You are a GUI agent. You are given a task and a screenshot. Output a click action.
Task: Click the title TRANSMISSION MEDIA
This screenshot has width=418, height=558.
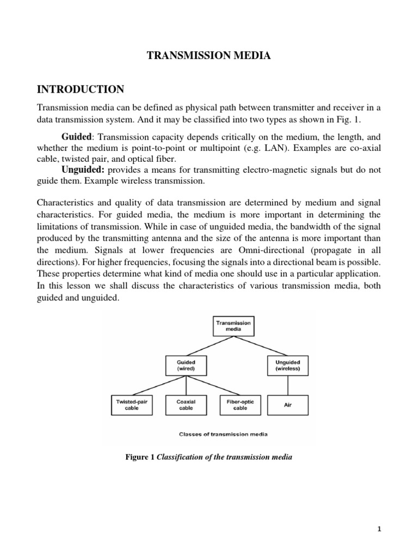coord(209,56)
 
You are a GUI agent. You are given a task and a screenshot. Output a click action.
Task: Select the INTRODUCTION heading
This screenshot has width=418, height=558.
coord(80,89)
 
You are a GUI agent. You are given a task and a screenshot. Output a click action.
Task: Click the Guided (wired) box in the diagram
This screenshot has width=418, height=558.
coord(187,365)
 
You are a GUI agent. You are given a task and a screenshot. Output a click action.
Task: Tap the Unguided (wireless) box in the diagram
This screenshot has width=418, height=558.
coord(287,365)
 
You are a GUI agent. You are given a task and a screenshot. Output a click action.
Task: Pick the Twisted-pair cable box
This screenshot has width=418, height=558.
coord(132,404)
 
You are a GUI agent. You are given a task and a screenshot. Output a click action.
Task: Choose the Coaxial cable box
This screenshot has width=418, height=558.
coord(186,404)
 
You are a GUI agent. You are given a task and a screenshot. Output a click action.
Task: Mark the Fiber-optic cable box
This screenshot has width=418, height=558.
coord(240,404)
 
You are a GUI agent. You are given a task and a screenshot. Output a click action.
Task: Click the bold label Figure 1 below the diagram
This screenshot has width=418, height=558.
coord(140,458)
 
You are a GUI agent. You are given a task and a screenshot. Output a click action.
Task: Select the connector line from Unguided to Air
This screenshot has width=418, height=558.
coord(287,385)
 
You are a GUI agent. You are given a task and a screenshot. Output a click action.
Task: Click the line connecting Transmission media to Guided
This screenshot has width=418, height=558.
coord(210,345)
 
